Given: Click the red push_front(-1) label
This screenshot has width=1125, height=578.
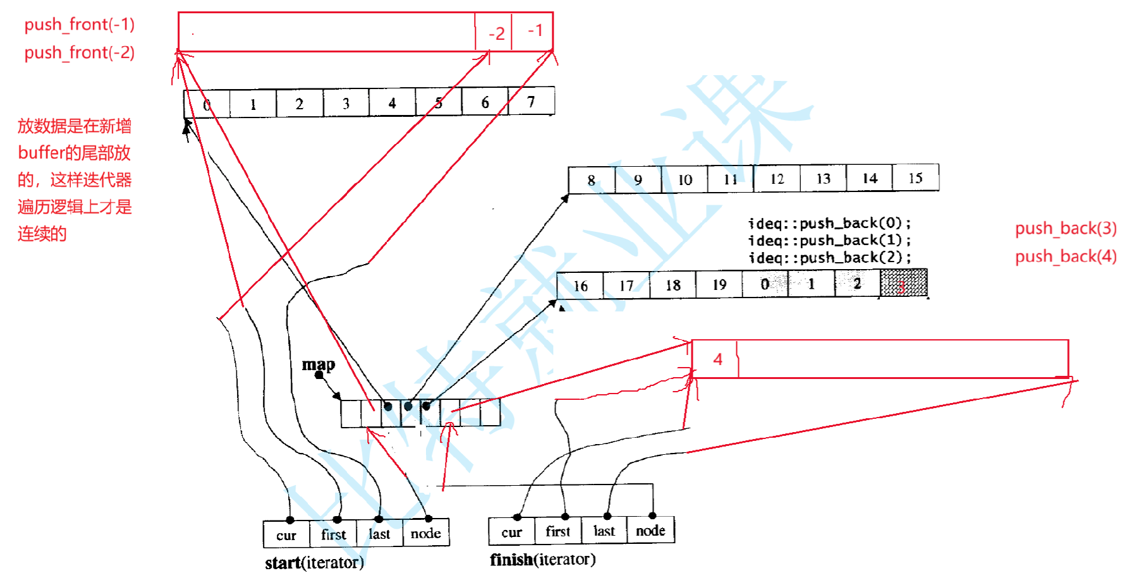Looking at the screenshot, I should point(79,25).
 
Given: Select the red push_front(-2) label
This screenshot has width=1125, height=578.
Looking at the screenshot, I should point(79,52).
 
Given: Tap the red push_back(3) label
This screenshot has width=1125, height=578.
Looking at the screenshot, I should point(1066,228).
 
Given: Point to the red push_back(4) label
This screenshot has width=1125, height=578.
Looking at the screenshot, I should point(1066,256).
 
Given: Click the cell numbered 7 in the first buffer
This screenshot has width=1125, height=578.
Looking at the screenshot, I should point(531,102).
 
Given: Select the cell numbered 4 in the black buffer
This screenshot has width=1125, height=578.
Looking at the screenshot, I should point(392,103).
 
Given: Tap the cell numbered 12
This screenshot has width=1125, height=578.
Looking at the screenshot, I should point(777,179).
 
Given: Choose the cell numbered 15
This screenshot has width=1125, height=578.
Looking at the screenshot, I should point(915,178).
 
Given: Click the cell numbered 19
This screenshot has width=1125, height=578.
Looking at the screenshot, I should point(719,284).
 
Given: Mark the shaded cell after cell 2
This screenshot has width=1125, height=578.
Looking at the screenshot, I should point(903,284).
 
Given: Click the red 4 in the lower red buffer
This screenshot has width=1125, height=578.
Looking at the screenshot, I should point(717,359).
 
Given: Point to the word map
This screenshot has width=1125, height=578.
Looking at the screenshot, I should point(318,364).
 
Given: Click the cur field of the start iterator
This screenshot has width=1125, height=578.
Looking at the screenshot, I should point(286,535).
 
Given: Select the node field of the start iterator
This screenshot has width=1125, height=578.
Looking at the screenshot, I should point(425,534).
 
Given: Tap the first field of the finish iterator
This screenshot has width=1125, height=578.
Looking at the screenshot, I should point(557,531).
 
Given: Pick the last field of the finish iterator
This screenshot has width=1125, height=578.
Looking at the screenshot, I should point(604,531).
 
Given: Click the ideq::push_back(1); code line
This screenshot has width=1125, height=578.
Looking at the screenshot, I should point(829,241).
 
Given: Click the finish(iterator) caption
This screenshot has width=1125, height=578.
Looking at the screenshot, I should point(542,560).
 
